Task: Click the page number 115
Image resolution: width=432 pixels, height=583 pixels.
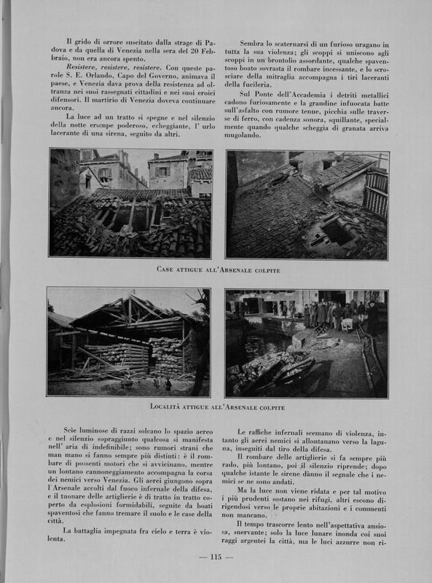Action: [216, 557]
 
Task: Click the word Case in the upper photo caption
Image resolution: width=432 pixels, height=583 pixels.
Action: [165, 269]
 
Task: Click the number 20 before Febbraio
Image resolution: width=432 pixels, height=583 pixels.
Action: [195, 51]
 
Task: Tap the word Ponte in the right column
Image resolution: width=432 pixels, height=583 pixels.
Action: [264, 95]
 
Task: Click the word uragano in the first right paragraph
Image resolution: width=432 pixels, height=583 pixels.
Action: [366, 44]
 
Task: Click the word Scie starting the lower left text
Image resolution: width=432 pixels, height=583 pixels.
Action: [70, 430]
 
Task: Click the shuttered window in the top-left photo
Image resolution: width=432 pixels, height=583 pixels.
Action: [163, 171]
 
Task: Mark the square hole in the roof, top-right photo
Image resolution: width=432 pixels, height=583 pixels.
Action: [337, 232]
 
